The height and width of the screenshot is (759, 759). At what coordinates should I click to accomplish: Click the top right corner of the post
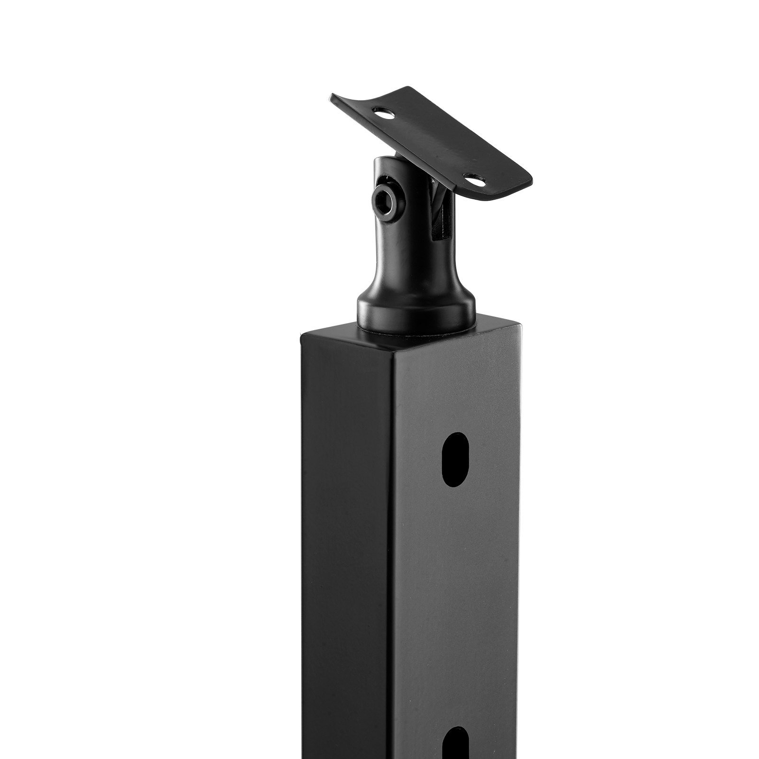(522, 326)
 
